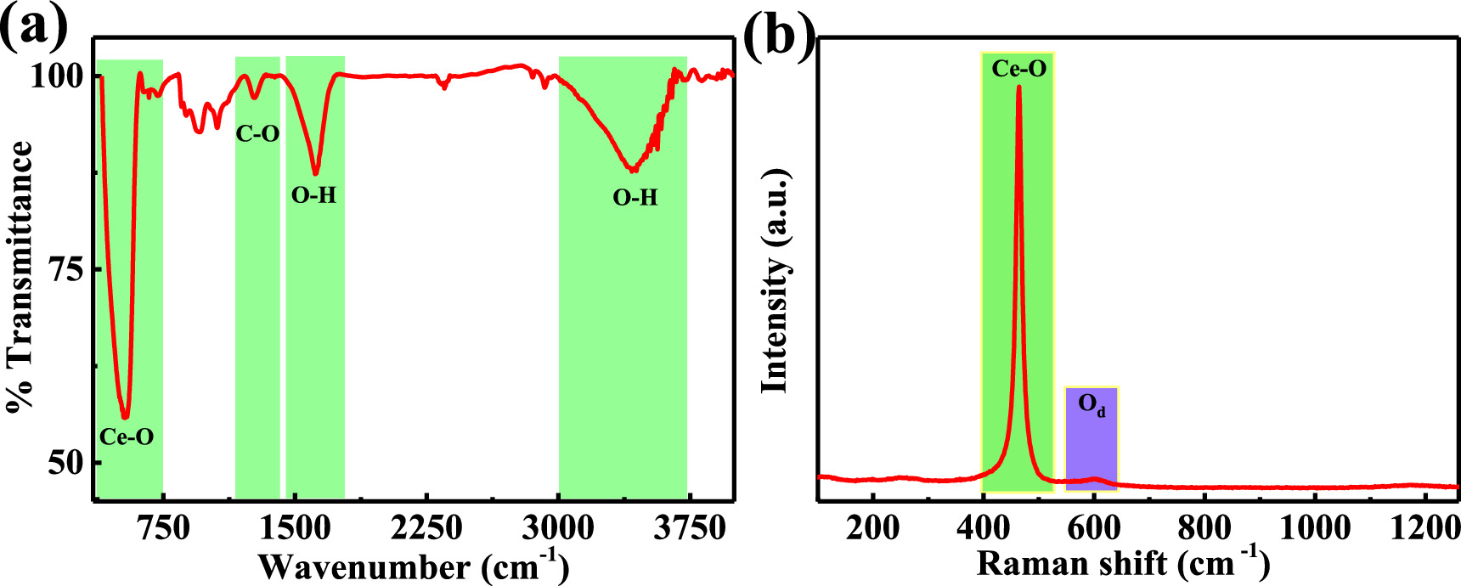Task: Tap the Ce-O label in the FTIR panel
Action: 127,437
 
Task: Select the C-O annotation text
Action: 257,133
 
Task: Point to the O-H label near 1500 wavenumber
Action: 313,195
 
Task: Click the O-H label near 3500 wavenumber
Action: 635,198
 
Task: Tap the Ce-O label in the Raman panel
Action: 1018,69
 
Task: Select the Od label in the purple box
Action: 1092,404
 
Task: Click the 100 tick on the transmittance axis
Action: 57,76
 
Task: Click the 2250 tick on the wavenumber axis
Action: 426,528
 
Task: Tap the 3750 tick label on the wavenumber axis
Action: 690,528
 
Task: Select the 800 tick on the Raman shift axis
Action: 1204,528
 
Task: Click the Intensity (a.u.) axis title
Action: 775,280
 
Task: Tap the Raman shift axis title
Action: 1123,564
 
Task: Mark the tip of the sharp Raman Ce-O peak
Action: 1018,87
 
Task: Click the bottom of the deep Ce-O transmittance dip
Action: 126,417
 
